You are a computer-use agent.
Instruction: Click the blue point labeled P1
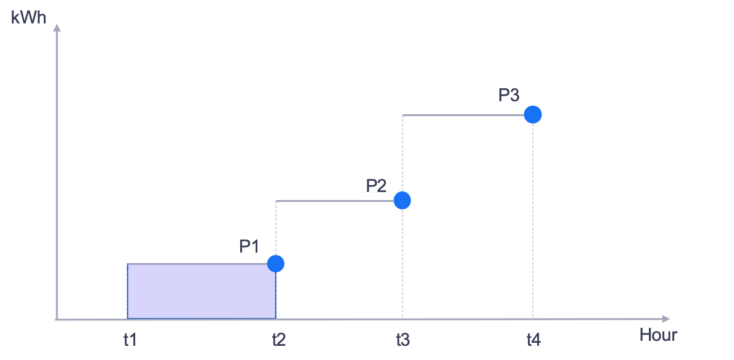pos(276,264)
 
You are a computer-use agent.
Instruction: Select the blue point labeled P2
pos(402,200)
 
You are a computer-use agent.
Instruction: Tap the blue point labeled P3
pos(532,114)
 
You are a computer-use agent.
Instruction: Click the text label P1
pos(249,246)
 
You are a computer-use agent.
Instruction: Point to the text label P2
pos(376,185)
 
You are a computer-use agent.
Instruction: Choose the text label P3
pos(509,96)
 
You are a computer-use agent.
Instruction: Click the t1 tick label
pos(129,340)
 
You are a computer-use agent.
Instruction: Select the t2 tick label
pos(278,340)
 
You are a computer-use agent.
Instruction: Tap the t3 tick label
pos(402,340)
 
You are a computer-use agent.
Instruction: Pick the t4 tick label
pos(533,340)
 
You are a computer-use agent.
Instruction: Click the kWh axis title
pos(28,17)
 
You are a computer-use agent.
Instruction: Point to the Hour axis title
pos(658,335)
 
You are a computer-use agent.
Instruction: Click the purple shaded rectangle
pos(201,291)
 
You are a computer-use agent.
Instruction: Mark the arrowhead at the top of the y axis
pos(57,27)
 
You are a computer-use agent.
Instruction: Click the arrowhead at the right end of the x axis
pos(665,319)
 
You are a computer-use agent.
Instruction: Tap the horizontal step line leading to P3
pos(463,115)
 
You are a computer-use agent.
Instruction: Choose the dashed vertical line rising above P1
pos(276,228)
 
